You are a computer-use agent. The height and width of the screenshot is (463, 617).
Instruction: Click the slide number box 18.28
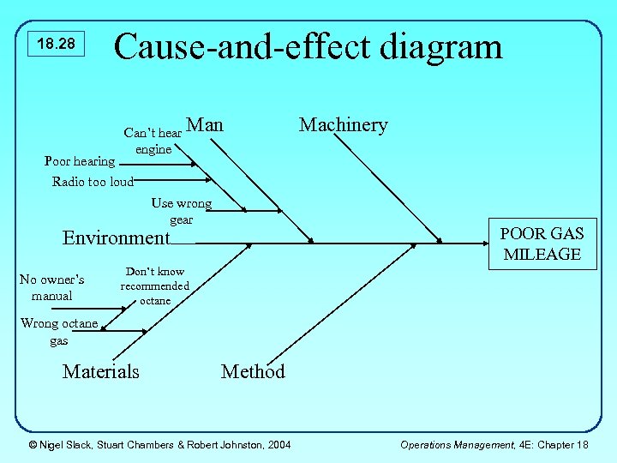57,44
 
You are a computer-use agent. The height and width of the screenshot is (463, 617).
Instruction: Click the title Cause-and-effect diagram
308,45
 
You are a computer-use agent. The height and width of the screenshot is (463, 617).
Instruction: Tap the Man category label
205,125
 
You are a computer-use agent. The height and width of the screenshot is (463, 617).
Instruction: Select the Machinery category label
343,125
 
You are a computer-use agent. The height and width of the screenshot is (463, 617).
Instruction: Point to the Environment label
117,238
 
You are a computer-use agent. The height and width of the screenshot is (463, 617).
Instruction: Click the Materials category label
100,371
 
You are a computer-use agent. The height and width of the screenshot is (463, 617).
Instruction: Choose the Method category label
253,371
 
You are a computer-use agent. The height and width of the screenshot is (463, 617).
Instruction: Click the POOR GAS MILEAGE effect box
542,244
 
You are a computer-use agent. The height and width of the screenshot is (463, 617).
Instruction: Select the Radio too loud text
93,182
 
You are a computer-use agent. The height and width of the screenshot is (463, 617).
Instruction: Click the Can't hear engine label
153,141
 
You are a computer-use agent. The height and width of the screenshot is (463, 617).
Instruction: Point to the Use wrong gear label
181,211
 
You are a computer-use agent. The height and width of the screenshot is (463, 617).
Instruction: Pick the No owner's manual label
51,287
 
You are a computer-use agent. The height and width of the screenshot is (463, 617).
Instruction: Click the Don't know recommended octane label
155,286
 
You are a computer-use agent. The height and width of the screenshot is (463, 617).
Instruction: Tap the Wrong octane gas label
58,332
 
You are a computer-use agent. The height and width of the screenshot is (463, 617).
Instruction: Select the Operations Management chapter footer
494,443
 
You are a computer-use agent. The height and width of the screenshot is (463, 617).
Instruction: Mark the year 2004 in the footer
278,443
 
